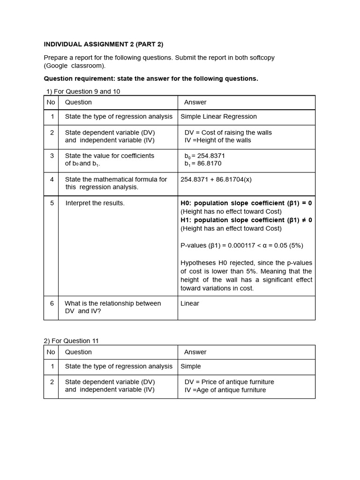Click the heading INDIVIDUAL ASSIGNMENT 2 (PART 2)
[104, 44]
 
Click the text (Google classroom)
[75, 66]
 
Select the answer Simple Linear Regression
[218, 116]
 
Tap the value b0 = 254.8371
[205, 156]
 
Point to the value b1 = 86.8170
[203, 164]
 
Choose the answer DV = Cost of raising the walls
[228, 133]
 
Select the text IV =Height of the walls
[217, 140]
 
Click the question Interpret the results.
[95, 203]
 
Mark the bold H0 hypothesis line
[246, 203]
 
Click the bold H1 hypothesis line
[246, 220]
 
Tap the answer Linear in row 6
[190, 303]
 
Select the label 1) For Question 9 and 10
[82, 91]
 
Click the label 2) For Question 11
[71, 341]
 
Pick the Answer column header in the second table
[195, 352]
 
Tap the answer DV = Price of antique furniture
[229, 382]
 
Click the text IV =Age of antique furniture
[225, 390]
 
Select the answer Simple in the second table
[191, 366]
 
